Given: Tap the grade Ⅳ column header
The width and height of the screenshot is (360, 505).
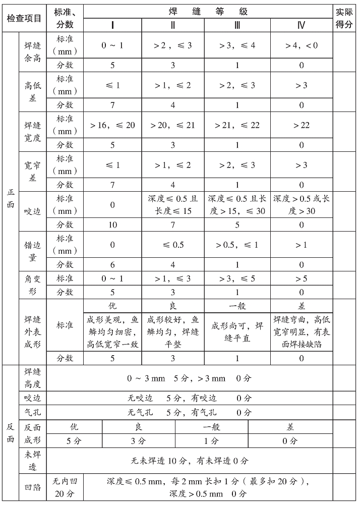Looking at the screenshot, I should [302, 25].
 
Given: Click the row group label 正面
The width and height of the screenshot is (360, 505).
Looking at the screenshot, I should [10, 198].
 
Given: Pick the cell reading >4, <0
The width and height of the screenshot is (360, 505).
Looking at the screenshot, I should [302, 45].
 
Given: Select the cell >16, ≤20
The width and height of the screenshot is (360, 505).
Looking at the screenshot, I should [112, 125].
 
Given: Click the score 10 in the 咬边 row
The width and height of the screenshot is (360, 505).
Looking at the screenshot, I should [112, 225].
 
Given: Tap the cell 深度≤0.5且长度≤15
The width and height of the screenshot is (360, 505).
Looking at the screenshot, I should [173, 205].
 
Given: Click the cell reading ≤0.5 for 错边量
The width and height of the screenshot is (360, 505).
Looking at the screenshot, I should [173, 245].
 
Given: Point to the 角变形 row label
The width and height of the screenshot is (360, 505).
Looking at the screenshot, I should [32, 285].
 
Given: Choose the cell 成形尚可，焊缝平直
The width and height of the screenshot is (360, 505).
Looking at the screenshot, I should [237, 332].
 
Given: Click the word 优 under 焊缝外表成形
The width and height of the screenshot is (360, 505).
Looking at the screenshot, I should [112, 306].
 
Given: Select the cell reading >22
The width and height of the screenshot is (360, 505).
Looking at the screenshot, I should [302, 125].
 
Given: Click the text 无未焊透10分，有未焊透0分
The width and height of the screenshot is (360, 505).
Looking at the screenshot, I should [190, 461].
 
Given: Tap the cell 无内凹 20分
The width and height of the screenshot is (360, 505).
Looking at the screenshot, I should [65, 487].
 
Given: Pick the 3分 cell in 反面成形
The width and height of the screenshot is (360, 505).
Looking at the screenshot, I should [138, 440].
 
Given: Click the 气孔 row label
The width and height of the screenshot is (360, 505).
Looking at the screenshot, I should [32, 412].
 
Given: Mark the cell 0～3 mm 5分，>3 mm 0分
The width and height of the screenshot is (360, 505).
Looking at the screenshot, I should [190, 378].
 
